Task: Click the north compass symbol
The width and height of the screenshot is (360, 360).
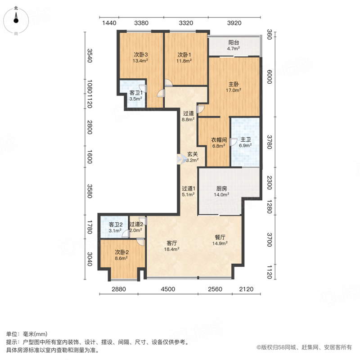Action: [x=16, y=21]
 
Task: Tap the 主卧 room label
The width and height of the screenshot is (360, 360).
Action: [x=234, y=84]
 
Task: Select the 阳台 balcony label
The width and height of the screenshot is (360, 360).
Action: [x=234, y=42]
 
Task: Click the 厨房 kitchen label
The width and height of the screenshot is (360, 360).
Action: [x=221, y=189]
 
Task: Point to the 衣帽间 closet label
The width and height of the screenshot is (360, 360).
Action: [x=219, y=140]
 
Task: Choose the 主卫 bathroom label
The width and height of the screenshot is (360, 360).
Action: [x=245, y=139]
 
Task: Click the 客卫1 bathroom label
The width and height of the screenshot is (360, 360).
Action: [x=136, y=93]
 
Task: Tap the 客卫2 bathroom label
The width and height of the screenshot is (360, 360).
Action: [x=116, y=224]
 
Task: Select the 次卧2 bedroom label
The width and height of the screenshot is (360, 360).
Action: [x=121, y=252]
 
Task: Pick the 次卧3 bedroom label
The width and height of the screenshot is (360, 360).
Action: [x=141, y=54]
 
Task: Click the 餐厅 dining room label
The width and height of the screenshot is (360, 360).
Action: [x=220, y=237]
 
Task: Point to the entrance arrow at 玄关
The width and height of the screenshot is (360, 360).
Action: [x=182, y=159]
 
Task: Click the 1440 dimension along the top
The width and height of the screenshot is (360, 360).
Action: [x=109, y=23]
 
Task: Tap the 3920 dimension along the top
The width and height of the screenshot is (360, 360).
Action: [x=234, y=23]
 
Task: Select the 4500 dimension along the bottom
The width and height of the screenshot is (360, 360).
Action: [x=168, y=289]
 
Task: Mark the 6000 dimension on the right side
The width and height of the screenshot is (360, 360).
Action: [x=270, y=77]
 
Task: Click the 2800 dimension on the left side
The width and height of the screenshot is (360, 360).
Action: [x=90, y=127]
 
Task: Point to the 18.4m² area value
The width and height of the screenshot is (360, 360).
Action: [x=172, y=249]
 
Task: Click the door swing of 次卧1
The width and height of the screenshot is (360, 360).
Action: [x=168, y=83]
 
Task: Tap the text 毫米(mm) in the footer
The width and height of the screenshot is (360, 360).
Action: [x=35, y=334]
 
